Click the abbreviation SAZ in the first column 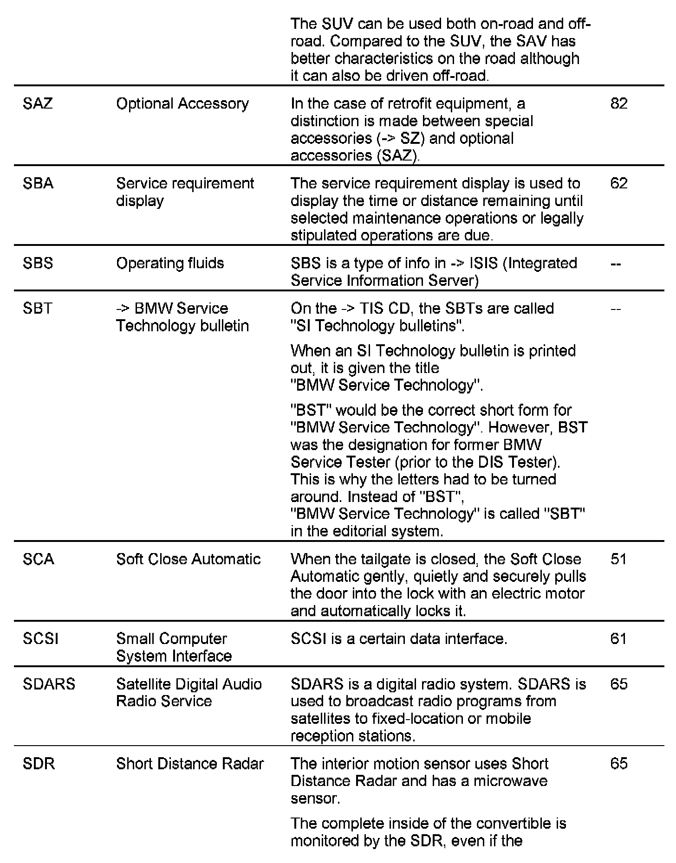38,103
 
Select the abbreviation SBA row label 38,183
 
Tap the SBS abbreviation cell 38,263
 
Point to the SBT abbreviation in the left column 38,308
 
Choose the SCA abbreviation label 39,559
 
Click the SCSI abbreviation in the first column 40,638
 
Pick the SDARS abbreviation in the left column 49,684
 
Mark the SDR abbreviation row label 39,764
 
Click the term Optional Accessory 182,103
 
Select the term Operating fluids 170,263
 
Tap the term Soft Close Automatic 188,559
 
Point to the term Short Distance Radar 190,764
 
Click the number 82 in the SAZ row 619,103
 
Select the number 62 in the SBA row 619,183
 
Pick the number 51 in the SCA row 619,559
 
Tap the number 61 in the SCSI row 619,638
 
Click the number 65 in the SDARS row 619,684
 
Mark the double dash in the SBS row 616,264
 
